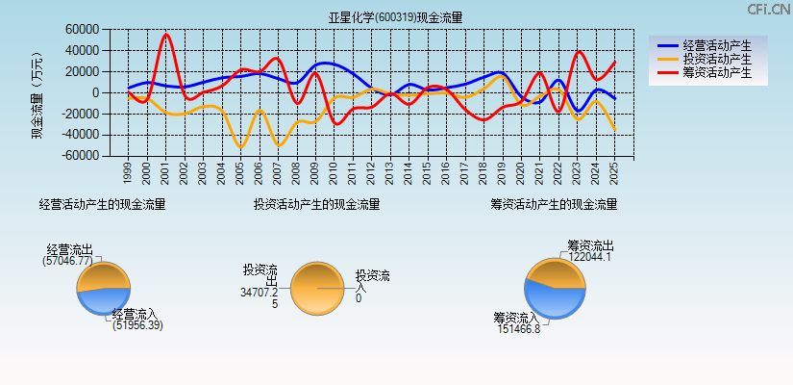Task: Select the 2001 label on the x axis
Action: click(165, 173)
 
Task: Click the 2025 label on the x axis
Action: click(614, 173)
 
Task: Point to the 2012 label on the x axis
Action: click(371, 173)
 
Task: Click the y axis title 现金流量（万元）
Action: click(37, 94)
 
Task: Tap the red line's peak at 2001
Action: click(166, 34)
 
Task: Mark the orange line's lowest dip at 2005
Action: click(241, 146)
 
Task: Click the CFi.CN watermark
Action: click(768, 10)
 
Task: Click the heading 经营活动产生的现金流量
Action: click(102, 204)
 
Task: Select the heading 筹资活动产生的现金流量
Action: click(554, 204)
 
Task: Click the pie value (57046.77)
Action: click(68, 261)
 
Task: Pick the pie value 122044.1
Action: click(588, 257)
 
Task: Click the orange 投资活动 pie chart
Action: click(316, 289)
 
